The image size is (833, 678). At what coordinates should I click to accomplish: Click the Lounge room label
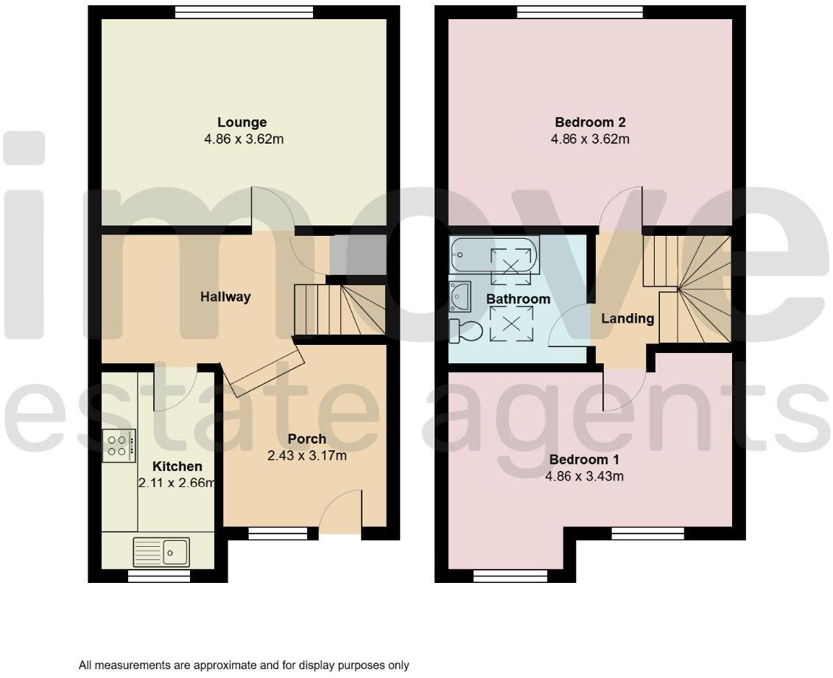click(242, 122)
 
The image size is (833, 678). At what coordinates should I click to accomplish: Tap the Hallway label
click(225, 297)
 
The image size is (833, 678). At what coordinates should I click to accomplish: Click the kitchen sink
click(161, 551)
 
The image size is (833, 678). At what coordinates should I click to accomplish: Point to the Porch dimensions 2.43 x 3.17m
click(306, 456)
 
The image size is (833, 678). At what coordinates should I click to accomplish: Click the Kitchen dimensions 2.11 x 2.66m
click(177, 483)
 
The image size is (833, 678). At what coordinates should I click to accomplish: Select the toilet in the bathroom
click(465, 332)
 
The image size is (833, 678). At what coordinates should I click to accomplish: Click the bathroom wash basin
click(460, 297)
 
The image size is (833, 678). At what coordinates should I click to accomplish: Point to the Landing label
click(628, 319)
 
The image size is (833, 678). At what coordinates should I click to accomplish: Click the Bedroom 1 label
click(584, 460)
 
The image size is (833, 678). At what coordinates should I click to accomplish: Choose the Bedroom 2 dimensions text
click(590, 139)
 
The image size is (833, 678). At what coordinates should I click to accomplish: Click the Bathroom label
click(518, 299)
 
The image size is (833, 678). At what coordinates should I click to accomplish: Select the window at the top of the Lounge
click(244, 11)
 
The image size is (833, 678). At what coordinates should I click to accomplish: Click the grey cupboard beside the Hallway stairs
click(357, 255)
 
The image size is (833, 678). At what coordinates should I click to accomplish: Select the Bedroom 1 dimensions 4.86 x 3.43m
click(584, 477)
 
